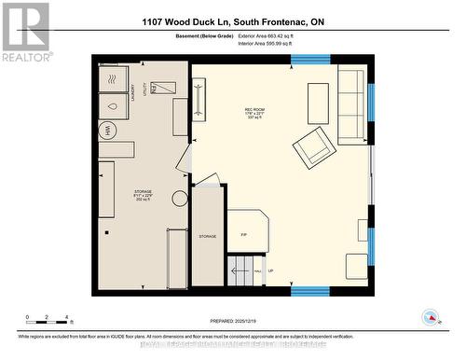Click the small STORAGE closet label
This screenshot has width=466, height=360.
point(207,237)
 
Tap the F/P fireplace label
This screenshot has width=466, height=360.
point(243,234)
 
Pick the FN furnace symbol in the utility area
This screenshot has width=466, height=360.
point(166,88)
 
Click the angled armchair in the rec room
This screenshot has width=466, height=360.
point(312,146)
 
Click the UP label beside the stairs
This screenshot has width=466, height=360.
point(270,271)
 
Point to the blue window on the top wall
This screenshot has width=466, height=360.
point(309,59)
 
